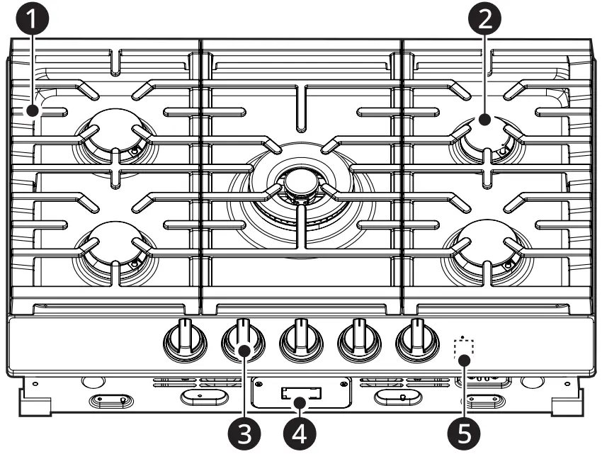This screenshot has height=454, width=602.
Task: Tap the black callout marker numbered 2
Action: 484,19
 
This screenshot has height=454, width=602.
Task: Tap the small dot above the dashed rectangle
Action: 462,336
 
